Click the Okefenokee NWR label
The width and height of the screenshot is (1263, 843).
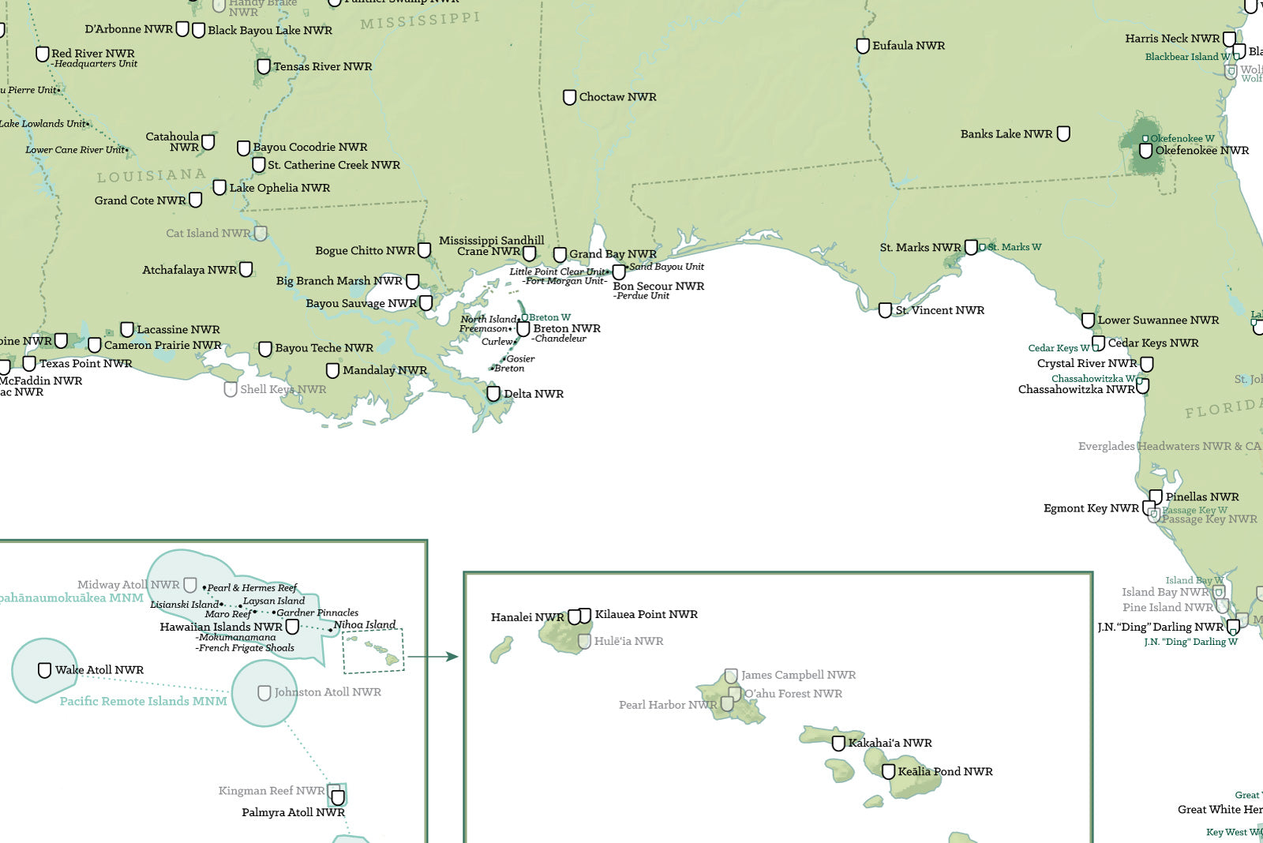pos(1201,151)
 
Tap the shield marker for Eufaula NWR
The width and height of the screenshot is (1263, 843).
pos(863,46)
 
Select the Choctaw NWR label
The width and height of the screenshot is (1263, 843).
pos(617,97)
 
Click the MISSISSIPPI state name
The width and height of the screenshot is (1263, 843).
pos(420,21)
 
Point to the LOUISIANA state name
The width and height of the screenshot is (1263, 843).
pos(152,175)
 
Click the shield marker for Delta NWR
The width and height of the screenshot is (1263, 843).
pos(493,393)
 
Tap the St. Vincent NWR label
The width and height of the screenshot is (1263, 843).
pos(939,310)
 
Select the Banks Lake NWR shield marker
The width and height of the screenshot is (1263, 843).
pos(1063,133)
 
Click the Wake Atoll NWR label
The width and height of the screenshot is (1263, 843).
pos(99,670)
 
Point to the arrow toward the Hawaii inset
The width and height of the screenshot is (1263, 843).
pos(433,656)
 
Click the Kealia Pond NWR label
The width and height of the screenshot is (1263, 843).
pos(945,771)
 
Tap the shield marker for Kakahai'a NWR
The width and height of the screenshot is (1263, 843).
pos(838,743)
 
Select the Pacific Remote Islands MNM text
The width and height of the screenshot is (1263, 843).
pos(143,701)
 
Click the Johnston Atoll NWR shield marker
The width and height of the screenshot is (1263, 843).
pos(264,692)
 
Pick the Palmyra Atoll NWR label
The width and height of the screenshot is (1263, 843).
pos(293,812)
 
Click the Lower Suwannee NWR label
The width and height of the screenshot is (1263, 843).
pos(1158,320)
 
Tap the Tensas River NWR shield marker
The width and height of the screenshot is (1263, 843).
pos(264,66)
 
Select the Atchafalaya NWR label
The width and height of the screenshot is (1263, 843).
pos(189,270)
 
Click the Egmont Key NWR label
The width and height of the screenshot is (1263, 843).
pos(1091,508)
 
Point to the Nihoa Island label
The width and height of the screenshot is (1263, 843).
pos(365,624)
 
